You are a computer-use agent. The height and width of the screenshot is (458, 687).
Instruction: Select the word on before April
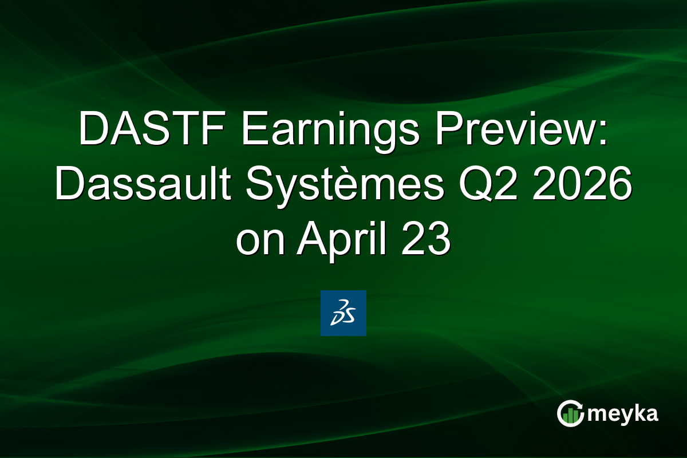click(260, 241)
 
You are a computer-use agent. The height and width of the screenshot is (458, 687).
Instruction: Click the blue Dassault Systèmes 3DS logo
click(343, 313)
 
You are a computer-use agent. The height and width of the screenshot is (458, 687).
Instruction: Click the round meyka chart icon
click(570, 414)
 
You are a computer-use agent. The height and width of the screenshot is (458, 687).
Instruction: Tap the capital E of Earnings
click(252, 131)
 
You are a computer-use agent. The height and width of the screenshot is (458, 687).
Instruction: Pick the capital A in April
click(310, 241)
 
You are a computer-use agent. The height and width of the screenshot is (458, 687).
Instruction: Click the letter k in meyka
click(638, 413)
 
